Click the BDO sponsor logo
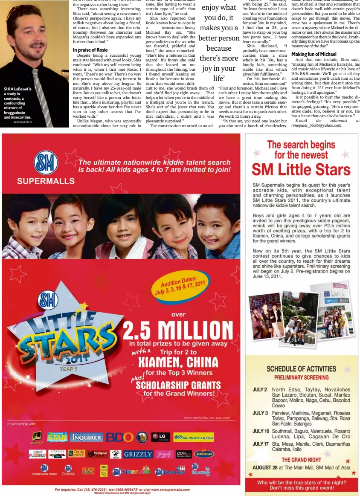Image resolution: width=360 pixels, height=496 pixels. click(x=120, y=437)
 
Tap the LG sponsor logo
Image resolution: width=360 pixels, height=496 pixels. click(x=160, y=437)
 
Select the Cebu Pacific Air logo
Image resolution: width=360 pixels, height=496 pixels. click(x=193, y=438)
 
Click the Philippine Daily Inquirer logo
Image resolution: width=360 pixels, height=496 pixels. click(x=87, y=437)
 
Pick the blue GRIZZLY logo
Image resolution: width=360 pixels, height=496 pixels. click(x=138, y=454)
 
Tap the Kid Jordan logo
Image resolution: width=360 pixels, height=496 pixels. click(x=204, y=454)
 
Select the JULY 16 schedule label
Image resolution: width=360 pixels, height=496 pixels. click(x=260, y=431)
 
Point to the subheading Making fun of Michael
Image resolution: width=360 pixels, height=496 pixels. click(x=314, y=54)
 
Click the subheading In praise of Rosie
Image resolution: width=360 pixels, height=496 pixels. click(x=90, y=50)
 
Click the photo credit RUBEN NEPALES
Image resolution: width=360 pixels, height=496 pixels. click(x=23, y=122)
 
